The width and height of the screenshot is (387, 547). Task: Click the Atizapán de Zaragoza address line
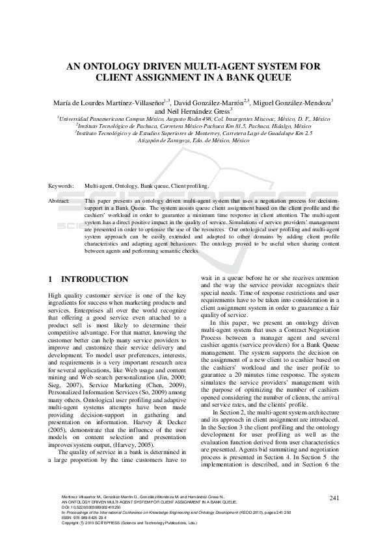coord(193,140)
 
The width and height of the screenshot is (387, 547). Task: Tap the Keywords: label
coord(61,186)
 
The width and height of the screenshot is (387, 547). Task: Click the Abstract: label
coord(59,201)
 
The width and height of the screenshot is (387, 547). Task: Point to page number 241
coord(335,498)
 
